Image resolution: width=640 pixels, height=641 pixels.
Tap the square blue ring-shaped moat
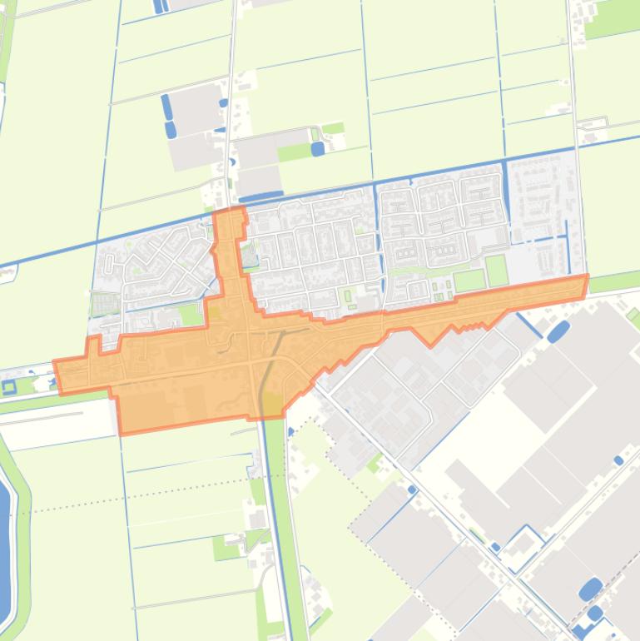[9, 387]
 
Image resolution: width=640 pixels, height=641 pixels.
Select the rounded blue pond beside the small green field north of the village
[317, 149]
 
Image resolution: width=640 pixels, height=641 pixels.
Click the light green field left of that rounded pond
[293, 152]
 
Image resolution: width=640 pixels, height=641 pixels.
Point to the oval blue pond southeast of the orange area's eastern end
[558, 330]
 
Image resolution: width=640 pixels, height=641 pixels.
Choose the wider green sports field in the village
[469, 281]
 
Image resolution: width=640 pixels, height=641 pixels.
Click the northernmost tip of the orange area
[230, 211]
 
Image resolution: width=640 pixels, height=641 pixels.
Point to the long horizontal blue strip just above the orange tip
[260, 197]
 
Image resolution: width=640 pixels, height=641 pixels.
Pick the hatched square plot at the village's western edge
[106, 304]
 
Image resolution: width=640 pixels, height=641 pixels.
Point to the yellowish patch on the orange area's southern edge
[271, 405]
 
